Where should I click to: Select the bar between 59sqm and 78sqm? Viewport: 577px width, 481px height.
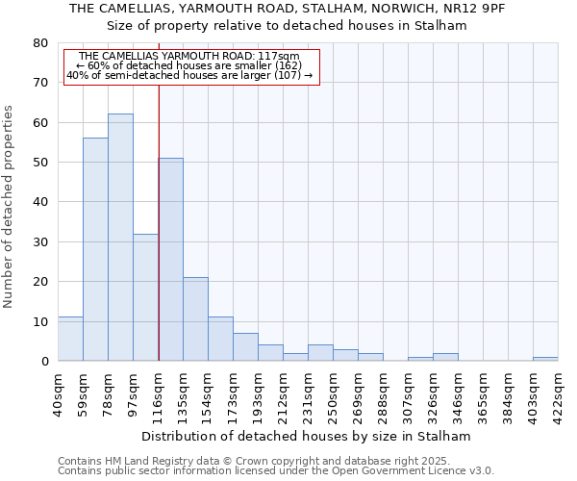(95, 249)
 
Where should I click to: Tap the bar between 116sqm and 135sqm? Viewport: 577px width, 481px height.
(170, 260)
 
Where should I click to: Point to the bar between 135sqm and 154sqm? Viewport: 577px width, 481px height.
(195, 319)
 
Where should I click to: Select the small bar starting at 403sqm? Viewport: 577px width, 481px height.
(545, 359)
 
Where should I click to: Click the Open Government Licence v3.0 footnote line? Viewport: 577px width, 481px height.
(276, 471)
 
